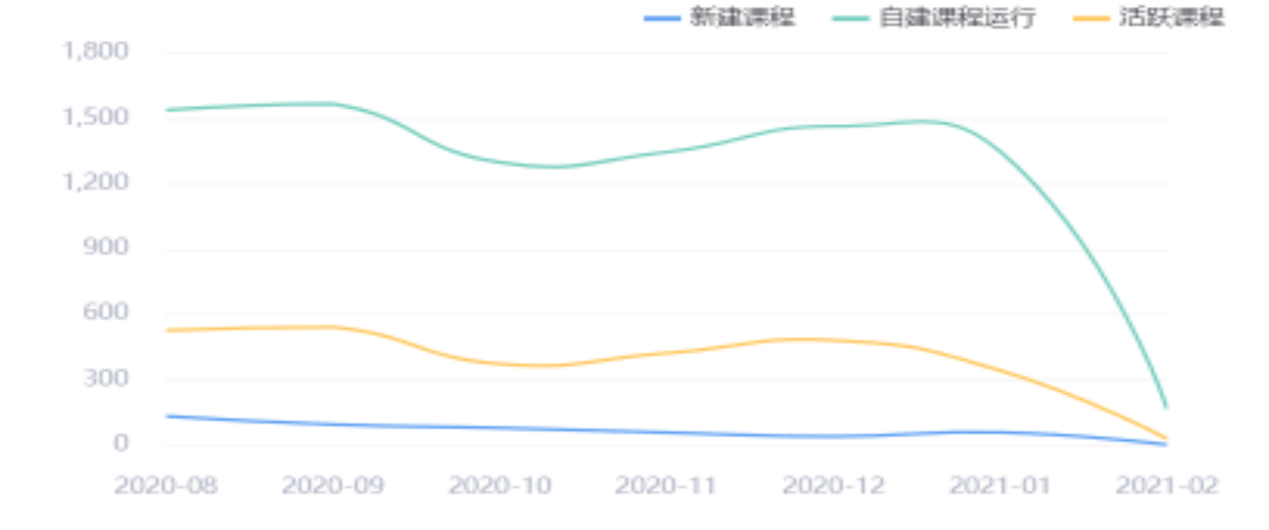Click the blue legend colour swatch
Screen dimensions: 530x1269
point(662,19)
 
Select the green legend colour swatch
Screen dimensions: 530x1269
point(850,19)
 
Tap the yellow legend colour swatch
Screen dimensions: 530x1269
point(1092,19)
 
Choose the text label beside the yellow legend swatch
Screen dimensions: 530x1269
point(1172,17)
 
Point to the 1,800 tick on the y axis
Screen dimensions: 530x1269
point(96,51)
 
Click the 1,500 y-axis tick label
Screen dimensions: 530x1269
point(96,116)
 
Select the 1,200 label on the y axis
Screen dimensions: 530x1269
point(96,182)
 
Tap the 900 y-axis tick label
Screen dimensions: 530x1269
point(106,246)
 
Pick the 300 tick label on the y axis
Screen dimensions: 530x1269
point(106,378)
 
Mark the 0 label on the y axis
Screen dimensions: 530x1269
point(120,443)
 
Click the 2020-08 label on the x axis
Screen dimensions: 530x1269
point(167,485)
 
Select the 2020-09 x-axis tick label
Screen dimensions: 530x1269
point(334,485)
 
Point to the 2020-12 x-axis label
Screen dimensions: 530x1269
point(834,485)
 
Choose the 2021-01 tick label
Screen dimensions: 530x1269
point(999,485)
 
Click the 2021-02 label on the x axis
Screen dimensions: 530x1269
point(1168,485)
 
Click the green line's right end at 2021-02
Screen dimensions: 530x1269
point(1167,407)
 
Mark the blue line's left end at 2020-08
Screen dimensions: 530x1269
point(167,415)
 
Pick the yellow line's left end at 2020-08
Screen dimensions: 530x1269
point(167,330)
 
